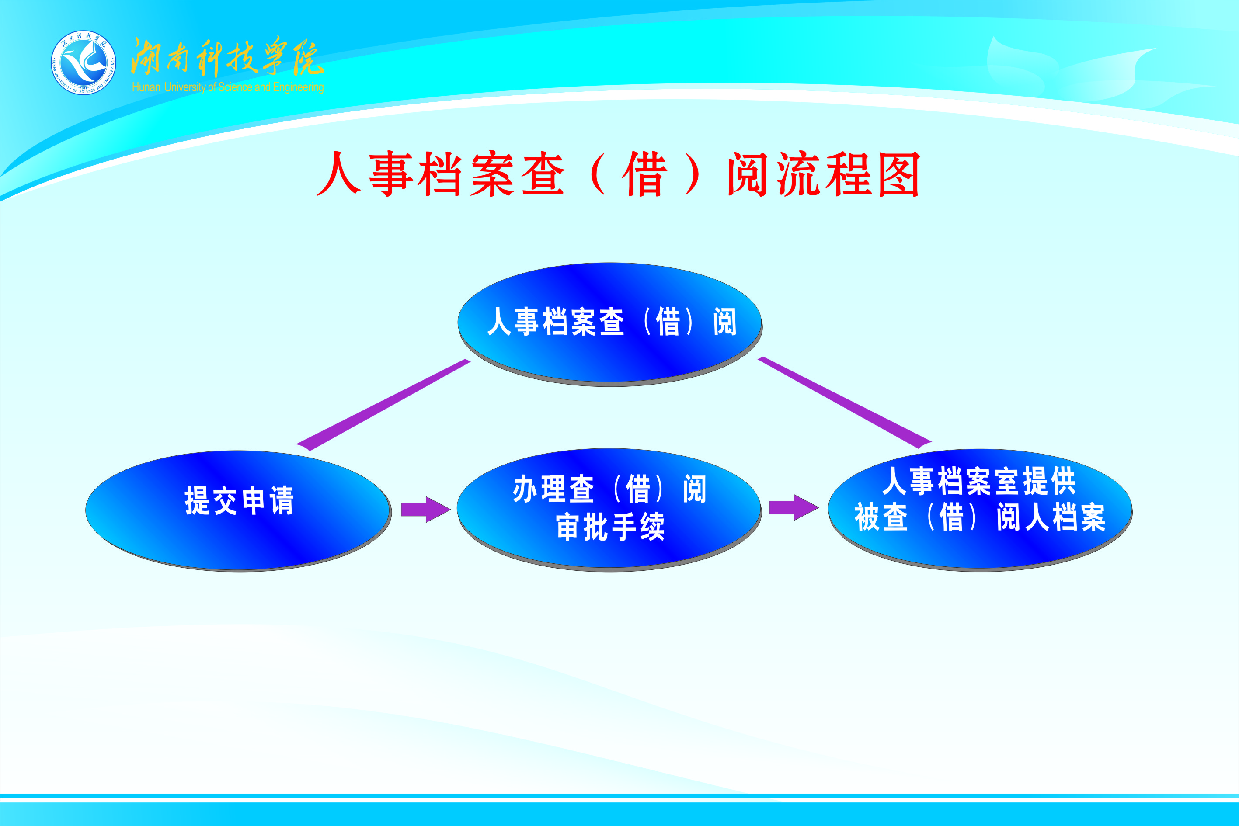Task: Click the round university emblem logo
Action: (x=83, y=62)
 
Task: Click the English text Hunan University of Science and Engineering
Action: (x=228, y=87)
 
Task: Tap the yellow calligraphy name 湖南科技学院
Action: (x=226, y=57)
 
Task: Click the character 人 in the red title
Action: (x=339, y=174)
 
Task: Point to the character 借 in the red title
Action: (x=644, y=174)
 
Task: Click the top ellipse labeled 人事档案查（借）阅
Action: (x=610, y=323)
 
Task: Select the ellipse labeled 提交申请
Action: (x=238, y=510)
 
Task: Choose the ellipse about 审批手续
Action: (x=609, y=508)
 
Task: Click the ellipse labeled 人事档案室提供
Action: (x=980, y=510)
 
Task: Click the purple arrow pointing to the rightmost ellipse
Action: (x=793, y=508)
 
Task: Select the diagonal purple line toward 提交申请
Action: (x=383, y=405)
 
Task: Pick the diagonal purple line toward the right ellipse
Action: (x=845, y=403)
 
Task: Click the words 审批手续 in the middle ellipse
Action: (x=610, y=526)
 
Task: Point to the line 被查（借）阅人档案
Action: (x=980, y=517)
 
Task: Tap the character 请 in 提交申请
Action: (x=281, y=500)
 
